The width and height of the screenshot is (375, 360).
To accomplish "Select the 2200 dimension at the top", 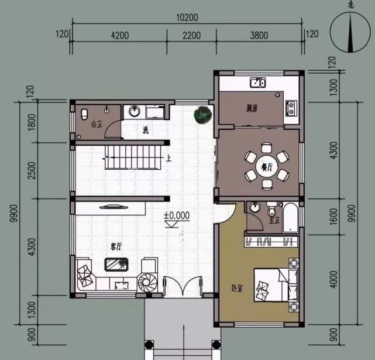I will click(x=191, y=35).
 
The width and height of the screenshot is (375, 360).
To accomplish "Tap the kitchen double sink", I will click(x=257, y=83).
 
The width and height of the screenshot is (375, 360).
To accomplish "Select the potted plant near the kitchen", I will click(x=202, y=115).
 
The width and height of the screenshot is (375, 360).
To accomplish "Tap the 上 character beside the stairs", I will click(x=168, y=158).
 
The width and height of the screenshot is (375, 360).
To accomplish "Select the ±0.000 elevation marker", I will click(x=177, y=215).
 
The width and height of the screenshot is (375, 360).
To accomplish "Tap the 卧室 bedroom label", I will click(x=238, y=288).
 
